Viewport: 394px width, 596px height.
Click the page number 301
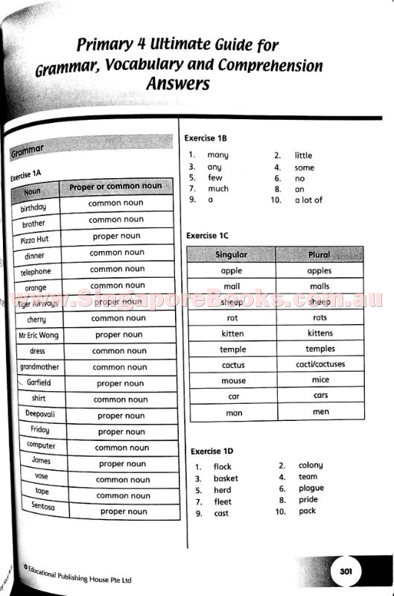coord(346,571)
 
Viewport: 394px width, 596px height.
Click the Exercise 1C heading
coord(207,235)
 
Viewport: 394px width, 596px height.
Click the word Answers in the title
coord(177,83)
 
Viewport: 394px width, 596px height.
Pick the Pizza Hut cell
coord(34,240)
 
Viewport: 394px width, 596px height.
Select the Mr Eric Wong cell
coord(38,335)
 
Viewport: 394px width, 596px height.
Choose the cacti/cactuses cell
coord(320,365)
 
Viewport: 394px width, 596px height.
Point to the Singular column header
coord(231,255)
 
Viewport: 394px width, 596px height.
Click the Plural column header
coord(319,255)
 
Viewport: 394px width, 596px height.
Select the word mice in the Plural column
coord(320,380)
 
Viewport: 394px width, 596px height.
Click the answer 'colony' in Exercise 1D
coord(311,465)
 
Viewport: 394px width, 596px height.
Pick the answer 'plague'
coord(311,488)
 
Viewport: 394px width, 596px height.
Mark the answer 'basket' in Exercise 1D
coord(226,478)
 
